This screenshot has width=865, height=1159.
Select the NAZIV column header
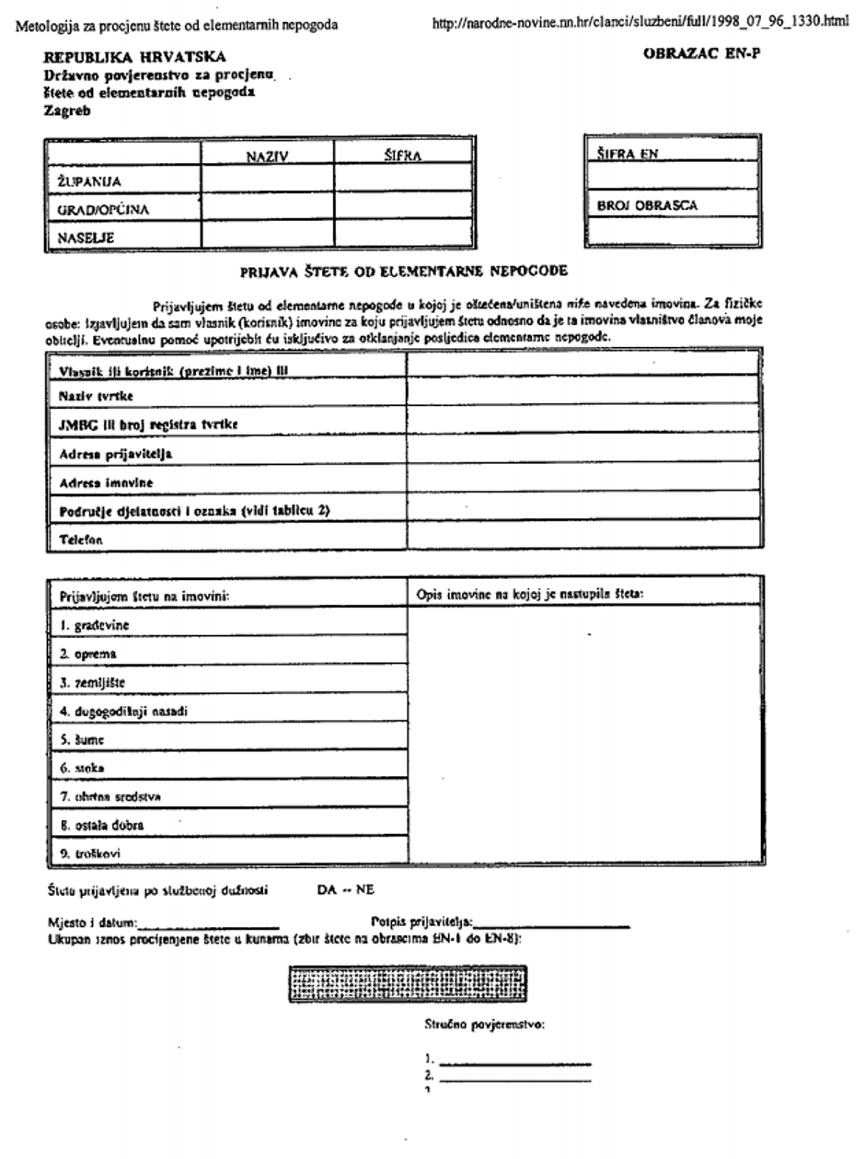tap(268, 156)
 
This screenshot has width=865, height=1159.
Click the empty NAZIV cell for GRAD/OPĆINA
tap(268, 208)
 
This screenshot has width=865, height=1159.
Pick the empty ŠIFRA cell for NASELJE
tap(401, 236)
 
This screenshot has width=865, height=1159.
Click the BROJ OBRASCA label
tap(641, 205)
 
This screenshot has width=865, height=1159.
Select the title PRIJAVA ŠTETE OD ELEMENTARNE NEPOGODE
tap(404, 272)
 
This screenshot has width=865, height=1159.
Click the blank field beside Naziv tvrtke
tap(583, 394)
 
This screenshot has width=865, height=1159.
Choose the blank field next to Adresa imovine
tap(583, 480)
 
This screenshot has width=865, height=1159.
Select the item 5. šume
tap(82, 738)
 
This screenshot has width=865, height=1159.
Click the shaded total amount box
tap(408, 984)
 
